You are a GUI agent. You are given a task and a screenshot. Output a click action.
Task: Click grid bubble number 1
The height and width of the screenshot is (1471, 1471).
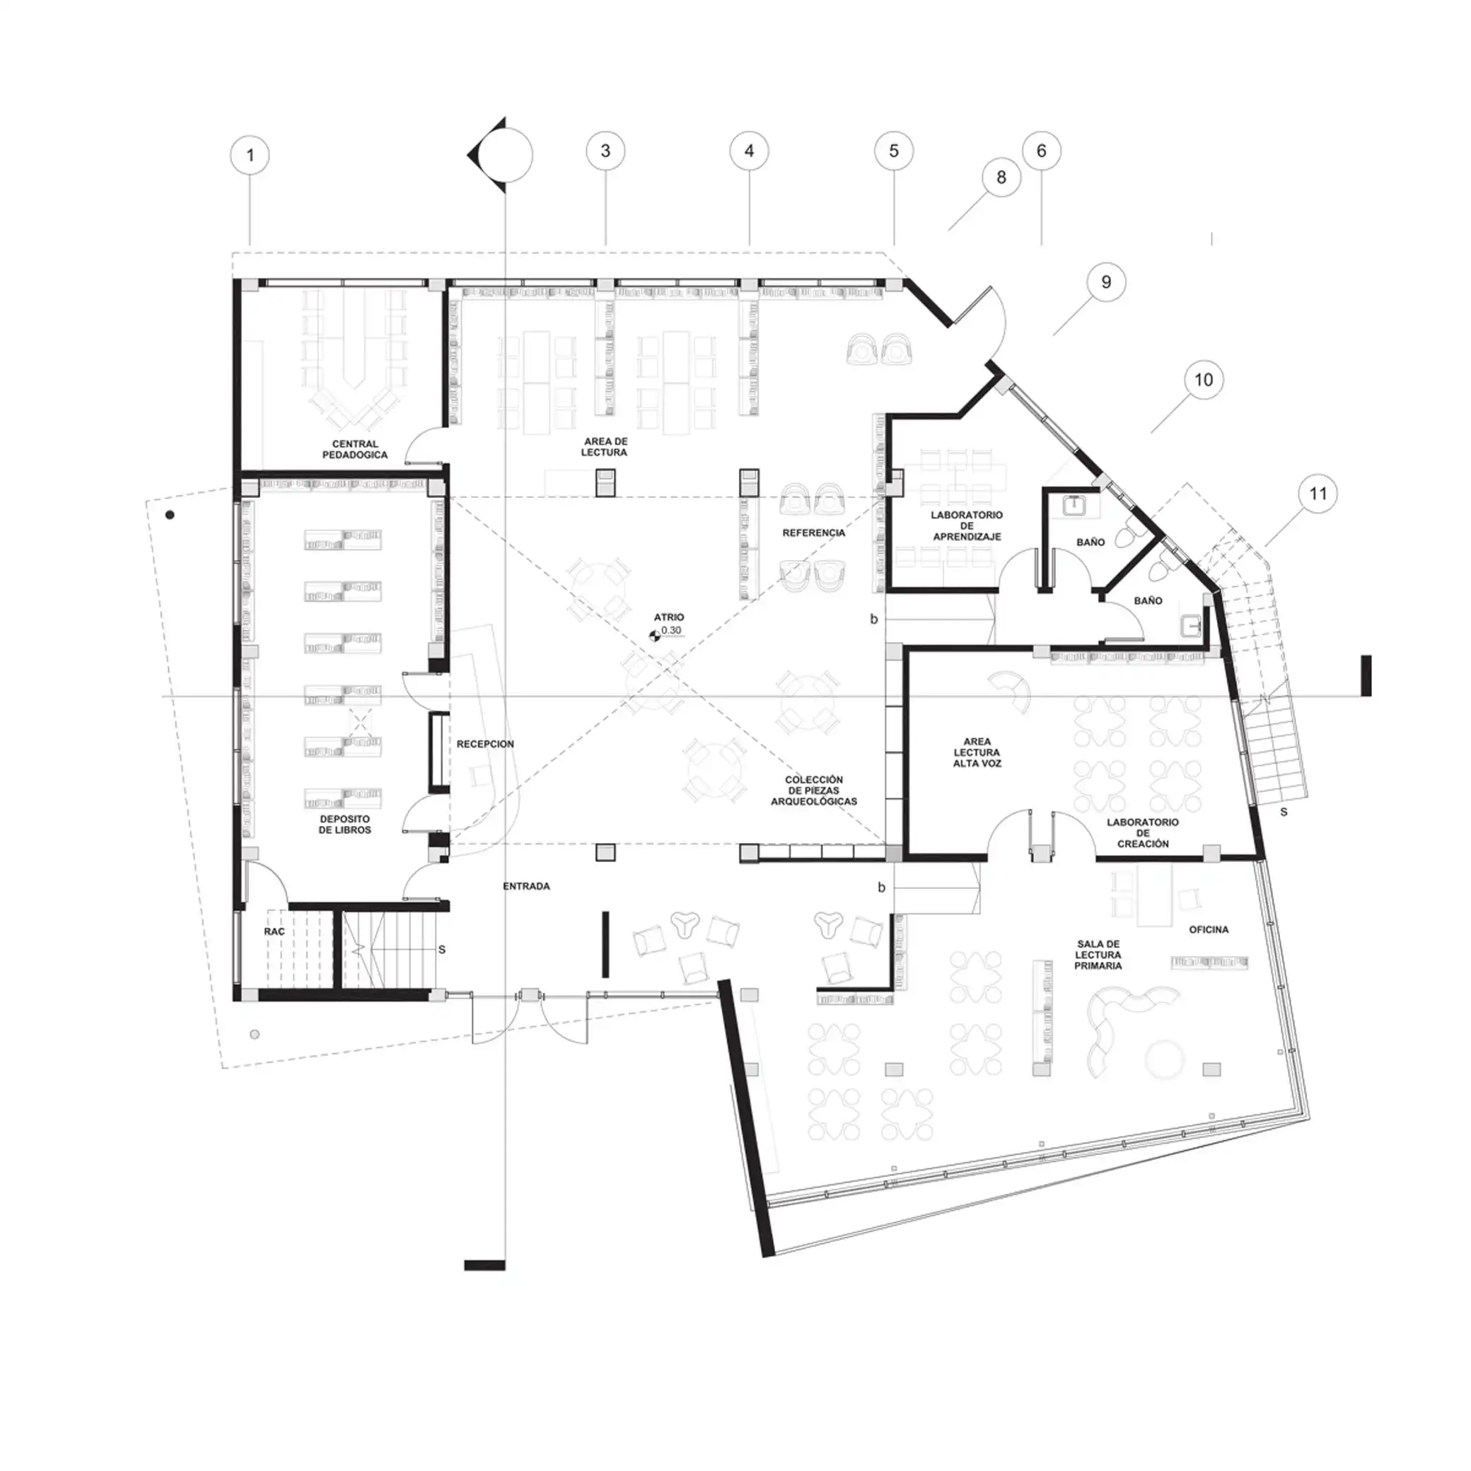(x=250, y=156)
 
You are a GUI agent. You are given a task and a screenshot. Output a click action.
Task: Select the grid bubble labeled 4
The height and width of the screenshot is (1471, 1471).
(x=749, y=151)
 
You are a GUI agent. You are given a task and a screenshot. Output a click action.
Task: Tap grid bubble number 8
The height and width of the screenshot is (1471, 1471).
(x=1001, y=178)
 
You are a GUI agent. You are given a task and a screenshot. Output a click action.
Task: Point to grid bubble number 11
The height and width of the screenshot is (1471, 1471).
(x=1318, y=494)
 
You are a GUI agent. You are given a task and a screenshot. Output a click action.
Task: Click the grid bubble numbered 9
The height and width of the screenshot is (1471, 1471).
(x=1106, y=281)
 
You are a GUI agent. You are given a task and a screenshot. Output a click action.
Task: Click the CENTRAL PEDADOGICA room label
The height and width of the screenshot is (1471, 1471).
(x=355, y=449)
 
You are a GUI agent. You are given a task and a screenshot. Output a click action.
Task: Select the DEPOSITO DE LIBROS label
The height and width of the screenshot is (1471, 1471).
(x=345, y=825)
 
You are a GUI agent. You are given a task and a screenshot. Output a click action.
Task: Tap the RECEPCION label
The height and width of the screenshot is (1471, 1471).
(x=486, y=744)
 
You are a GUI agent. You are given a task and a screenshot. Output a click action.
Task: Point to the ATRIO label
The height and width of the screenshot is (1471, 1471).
(x=669, y=617)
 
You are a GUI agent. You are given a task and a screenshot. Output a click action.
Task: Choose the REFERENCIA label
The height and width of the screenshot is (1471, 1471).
(x=814, y=533)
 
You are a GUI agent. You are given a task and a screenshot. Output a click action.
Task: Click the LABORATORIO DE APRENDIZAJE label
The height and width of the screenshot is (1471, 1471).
(x=967, y=526)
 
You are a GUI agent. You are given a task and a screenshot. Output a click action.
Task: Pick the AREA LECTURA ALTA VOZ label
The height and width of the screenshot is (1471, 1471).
(x=977, y=752)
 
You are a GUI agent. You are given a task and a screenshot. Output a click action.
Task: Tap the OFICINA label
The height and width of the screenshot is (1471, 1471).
(x=1209, y=930)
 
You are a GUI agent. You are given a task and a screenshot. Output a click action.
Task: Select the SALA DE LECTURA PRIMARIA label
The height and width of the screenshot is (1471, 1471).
(x=1098, y=955)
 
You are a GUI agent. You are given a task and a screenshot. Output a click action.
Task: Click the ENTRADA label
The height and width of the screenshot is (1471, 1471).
(x=526, y=886)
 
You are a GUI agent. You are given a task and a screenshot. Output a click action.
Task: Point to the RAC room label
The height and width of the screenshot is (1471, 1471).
(x=274, y=931)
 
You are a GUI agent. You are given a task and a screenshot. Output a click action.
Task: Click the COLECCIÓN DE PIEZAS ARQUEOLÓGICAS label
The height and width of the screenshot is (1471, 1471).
(x=814, y=791)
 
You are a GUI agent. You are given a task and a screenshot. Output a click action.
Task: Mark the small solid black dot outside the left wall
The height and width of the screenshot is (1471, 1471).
(x=170, y=515)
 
